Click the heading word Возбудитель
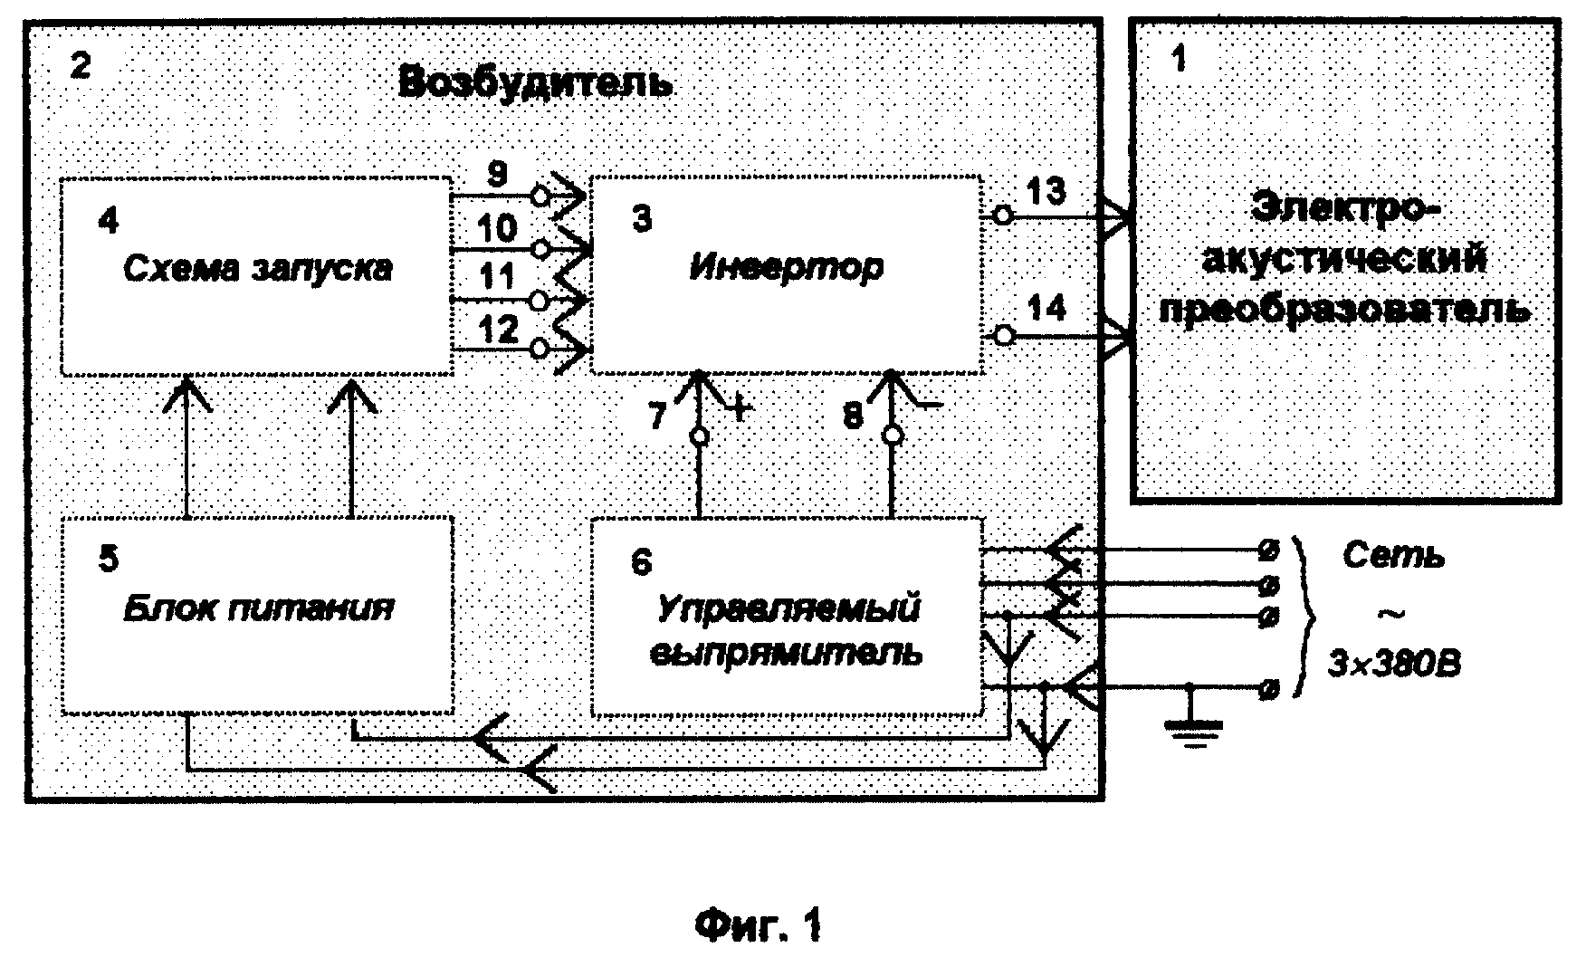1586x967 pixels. pos(536,82)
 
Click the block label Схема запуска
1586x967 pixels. pos(258,268)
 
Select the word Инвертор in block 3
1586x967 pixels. pos(786,268)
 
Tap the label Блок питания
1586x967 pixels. pos(258,608)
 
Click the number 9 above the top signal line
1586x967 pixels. pos(497,175)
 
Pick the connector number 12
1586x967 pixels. pos(498,330)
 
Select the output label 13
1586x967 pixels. pos(1046,192)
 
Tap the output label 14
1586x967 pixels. pos(1047,309)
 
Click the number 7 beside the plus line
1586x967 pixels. pos(657,416)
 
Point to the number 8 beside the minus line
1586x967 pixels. pos(853,416)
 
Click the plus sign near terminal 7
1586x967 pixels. pos(740,410)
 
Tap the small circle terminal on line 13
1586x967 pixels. pos(1001,215)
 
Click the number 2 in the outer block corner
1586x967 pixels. pos(81,64)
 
